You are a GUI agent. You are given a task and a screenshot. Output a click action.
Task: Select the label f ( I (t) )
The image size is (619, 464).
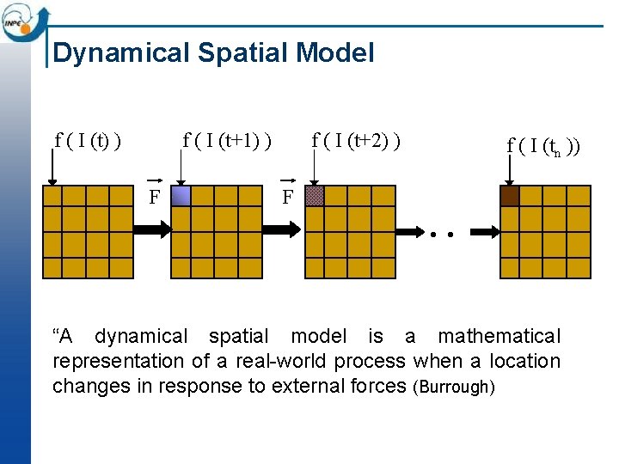pyautogui.click(x=87, y=139)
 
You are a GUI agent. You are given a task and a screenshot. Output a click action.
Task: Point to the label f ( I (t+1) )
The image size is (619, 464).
pyautogui.click(x=228, y=139)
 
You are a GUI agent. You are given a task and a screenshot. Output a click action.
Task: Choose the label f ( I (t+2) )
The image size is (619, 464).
pyautogui.click(x=357, y=139)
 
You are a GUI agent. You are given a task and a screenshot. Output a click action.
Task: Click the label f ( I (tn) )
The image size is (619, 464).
pyautogui.click(x=543, y=145)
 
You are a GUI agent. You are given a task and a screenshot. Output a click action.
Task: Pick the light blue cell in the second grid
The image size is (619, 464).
pyautogui.click(x=181, y=197)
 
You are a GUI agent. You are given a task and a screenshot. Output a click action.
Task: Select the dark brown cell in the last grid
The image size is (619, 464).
pyautogui.click(x=510, y=196)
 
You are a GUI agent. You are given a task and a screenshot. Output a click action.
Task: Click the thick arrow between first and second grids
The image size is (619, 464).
pyautogui.click(x=152, y=230)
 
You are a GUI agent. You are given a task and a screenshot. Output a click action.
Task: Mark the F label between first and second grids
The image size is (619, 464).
pyautogui.click(x=154, y=197)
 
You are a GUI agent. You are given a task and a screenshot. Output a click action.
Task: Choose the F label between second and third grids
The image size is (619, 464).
pyautogui.click(x=288, y=197)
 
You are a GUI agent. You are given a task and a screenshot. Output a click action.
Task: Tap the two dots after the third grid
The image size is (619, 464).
pyautogui.click(x=442, y=233)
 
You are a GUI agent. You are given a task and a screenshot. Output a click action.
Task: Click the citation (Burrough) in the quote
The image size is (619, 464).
pyautogui.click(x=454, y=387)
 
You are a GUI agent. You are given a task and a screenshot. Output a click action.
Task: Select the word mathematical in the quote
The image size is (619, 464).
pyautogui.click(x=499, y=336)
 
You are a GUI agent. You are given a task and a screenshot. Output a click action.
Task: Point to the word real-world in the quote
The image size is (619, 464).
pyautogui.click(x=245, y=361)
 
